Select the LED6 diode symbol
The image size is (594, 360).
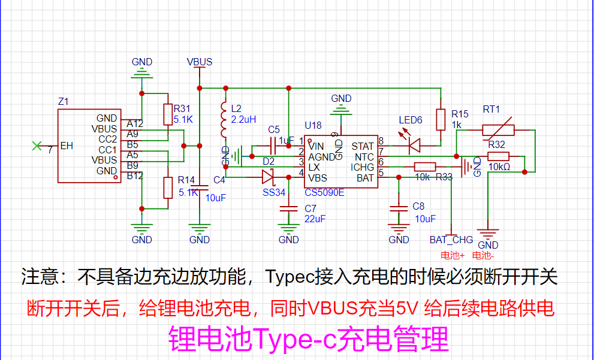click(415, 146)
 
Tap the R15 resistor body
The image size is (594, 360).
click(440, 120)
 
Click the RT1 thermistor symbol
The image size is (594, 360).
click(498, 130)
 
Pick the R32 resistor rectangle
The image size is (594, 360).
click(498, 156)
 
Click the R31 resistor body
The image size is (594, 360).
click(168, 114)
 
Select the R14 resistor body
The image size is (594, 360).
click(168, 187)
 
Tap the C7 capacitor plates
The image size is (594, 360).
click(288, 208)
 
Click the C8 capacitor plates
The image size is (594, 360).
click(399, 208)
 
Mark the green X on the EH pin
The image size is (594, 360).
click(37, 146)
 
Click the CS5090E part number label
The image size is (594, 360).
click(325, 193)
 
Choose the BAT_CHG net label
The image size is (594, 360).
click(451, 240)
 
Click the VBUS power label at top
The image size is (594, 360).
click(200, 62)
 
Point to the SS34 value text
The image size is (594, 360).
click(274, 192)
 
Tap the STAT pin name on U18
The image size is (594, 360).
click(363, 146)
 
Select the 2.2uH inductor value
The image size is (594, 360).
click(243, 119)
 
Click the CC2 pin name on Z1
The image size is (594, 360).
click(107, 140)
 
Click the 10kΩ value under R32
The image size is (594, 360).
click(499, 167)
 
